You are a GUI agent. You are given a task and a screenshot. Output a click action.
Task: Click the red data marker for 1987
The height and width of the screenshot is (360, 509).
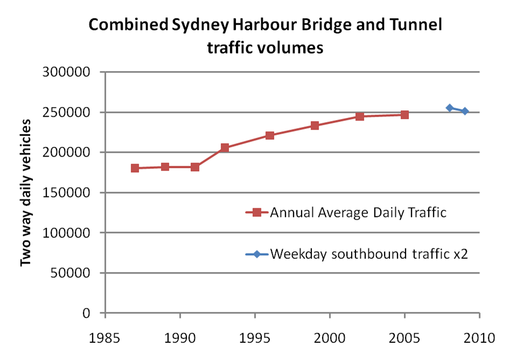pos(135,168)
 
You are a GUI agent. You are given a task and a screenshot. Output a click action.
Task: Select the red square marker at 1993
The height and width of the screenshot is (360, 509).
pos(225,147)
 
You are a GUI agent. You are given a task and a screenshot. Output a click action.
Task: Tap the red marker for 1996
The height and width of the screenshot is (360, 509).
pos(270,136)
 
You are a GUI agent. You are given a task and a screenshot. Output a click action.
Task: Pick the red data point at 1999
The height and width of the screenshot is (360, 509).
pos(315,125)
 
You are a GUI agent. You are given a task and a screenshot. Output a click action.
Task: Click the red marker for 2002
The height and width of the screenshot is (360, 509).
pos(360,116)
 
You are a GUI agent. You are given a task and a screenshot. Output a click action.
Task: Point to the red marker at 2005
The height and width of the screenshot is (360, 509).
pos(405,115)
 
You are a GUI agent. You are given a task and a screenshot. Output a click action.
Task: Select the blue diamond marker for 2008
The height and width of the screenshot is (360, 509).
pos(450,108)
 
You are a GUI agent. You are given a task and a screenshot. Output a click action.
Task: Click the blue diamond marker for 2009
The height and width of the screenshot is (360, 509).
pos(465,111)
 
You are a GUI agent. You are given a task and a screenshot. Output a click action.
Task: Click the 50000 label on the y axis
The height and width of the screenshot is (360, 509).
pos(74,273)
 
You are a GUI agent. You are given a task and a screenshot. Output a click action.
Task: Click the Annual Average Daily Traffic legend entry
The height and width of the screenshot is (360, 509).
pos(358,213)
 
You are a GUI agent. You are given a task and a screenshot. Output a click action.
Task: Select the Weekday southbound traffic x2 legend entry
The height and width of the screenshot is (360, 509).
pos(368,253)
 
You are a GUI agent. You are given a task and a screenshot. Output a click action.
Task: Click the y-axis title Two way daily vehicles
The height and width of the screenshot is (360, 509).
pos(25,193)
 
